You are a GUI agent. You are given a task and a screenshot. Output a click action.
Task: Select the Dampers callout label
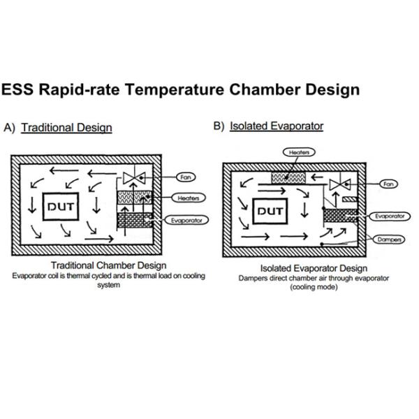[385, 238]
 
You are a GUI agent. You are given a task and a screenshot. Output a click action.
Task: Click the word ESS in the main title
[19, 90]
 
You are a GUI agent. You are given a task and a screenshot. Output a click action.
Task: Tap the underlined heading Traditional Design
[66, 128]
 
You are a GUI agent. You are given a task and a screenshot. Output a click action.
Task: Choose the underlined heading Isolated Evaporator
[277, 126]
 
